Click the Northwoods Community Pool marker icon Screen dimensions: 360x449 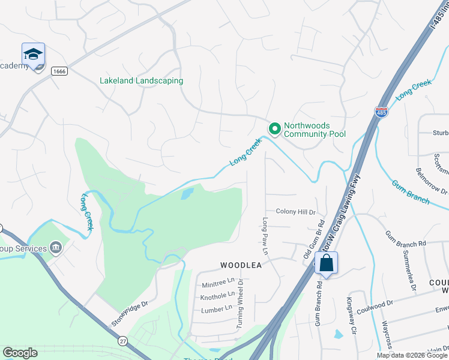[274, 129]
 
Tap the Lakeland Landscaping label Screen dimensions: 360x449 [141, 80]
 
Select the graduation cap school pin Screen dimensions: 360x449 [33, 53]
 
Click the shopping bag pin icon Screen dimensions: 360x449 [326, 263]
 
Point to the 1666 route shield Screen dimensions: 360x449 [59, 71]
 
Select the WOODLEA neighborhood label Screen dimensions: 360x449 [241, 265]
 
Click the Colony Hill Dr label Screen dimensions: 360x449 [296, 212]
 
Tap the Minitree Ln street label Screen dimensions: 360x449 [218, 281]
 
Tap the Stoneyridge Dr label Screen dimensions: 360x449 [129, 314]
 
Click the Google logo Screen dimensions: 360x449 [20, 353]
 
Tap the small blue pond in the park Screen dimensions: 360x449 [187, 193]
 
